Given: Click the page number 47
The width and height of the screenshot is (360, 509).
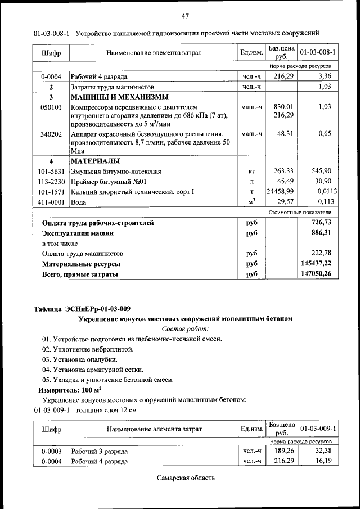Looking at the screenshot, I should [186, 15].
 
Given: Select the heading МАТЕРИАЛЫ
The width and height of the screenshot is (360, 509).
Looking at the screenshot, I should [97, 161].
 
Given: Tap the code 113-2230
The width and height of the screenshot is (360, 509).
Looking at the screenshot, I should [51, 181].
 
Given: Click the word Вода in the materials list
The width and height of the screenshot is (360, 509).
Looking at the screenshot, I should [79, 201].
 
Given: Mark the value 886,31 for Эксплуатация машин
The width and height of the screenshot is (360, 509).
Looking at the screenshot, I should [320, 232].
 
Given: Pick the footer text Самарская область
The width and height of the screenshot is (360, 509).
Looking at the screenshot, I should [186, 478].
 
